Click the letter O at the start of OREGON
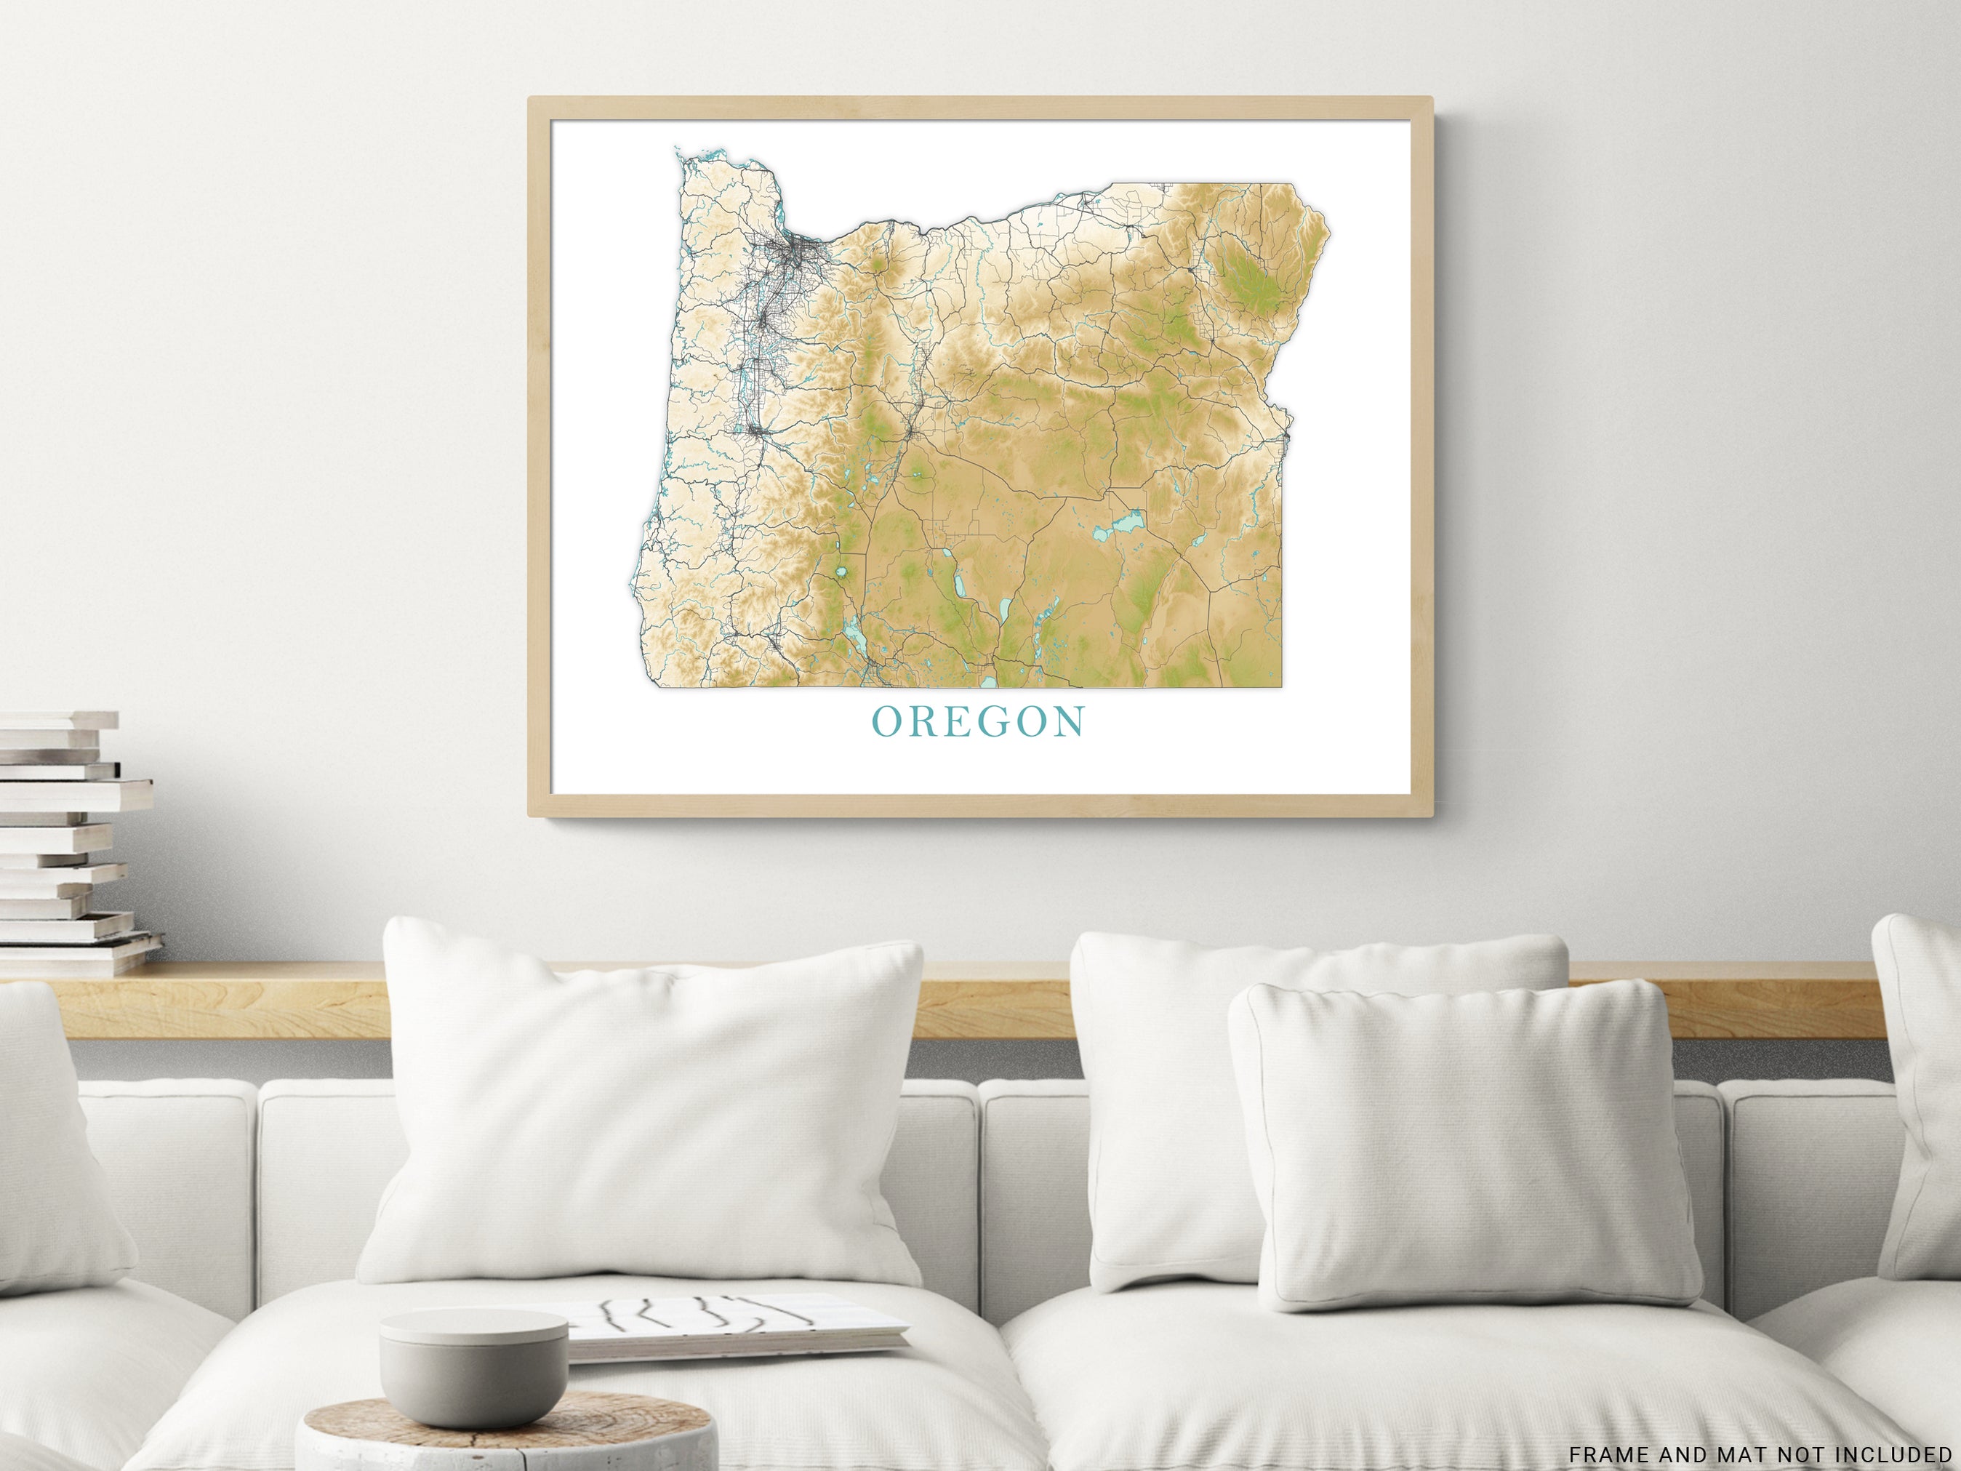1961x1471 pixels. click(886, 722)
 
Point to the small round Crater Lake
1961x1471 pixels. click(841, 573)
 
